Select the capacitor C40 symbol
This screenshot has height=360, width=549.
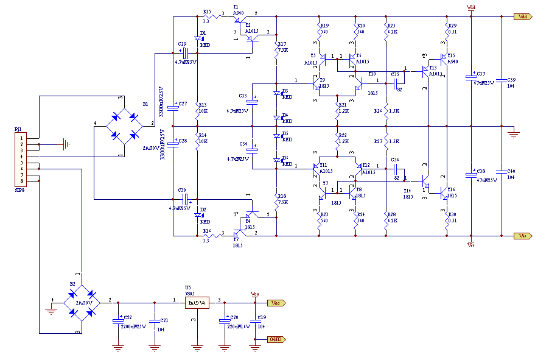click(x=501, y=171)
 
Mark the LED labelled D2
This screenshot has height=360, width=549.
click(x=198, y=215)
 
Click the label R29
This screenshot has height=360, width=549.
click(x=452, y=25)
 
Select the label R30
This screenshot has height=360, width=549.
click(x=452, y=215)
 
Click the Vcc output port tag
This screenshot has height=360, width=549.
click(x=275, y=302)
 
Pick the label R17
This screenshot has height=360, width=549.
click(x=282, y=44)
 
